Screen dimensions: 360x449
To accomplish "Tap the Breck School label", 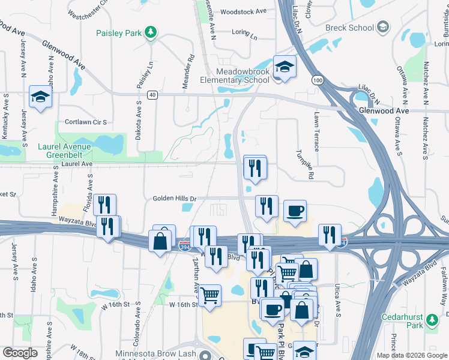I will (x=349, y=28).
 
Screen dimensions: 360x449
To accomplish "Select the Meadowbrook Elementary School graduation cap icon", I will (x=285, y=67).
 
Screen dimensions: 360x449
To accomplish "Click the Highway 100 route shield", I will (x=316, y=79).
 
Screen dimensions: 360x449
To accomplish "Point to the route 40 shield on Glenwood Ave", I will (x=152, y=94).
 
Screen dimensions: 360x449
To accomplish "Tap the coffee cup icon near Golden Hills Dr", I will (x=294, y=211).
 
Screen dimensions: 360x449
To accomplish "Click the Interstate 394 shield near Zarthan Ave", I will (x=185, y=245).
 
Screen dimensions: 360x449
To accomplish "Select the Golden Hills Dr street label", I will (x=175, y=198).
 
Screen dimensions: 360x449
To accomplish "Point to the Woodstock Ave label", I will (x=243, y=11).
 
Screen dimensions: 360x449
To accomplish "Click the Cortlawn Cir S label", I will (x=85, y=122).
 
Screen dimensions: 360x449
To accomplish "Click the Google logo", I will (x=20, y=353).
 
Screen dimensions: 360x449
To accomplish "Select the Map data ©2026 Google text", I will (x=411, y=355).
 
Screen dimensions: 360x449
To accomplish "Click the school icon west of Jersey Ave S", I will (x=41, y=97).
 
